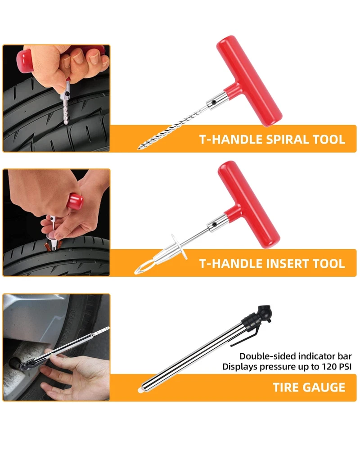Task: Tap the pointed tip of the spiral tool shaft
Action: (x=139, y=148)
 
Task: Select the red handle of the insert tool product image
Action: (x=248, y=204)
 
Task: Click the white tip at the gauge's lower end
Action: (x=141, y=390)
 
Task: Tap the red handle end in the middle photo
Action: (x=75, y=201)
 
